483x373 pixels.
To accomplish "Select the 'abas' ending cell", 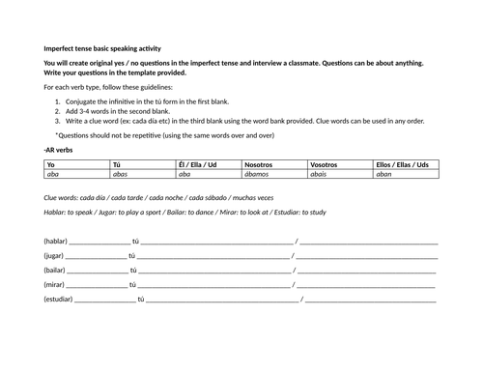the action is tap(121, 175).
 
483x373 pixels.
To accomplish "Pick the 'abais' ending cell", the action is tap(319, 175).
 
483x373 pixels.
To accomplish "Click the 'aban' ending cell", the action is tap(384, 175).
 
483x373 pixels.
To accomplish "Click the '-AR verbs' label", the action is tap(60, 150).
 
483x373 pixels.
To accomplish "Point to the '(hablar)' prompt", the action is tap(55, 241).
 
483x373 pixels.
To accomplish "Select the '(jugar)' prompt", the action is tap(53, 255).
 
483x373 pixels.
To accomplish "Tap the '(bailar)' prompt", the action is tap(54, 270).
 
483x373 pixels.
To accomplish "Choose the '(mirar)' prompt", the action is tap(54, 285).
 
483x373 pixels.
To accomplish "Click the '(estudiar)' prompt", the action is tap(58, 300).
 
